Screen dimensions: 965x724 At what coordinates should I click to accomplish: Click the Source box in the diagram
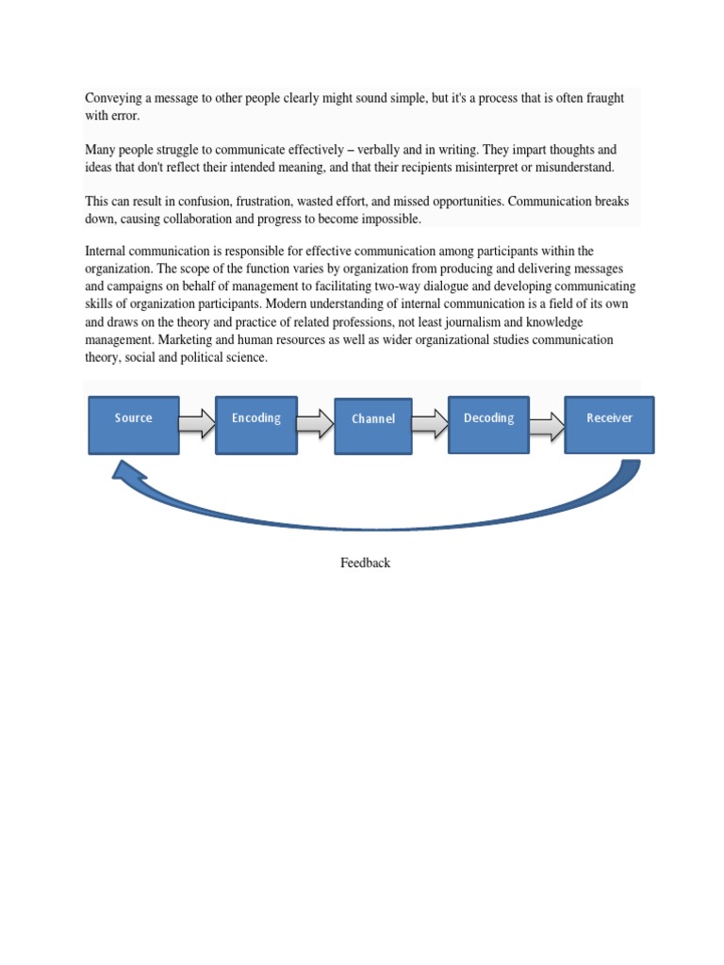(x=134, y=425)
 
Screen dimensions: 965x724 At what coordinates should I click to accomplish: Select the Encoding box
(x=256, y=425)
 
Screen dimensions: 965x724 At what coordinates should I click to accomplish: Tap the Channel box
(x=373, y=426)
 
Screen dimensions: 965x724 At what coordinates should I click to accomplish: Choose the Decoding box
(x=488, y=425)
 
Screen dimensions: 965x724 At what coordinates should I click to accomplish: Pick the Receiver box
(x=609, y=425)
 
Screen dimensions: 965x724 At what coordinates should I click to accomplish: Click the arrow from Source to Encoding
(x=197, y=424)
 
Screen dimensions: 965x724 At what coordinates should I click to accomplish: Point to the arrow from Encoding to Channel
(x=315, y=424)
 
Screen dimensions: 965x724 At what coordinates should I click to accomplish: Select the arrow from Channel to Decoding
(x=430, y=424)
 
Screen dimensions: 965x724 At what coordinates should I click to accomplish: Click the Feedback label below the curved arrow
(x=365, y=563)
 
